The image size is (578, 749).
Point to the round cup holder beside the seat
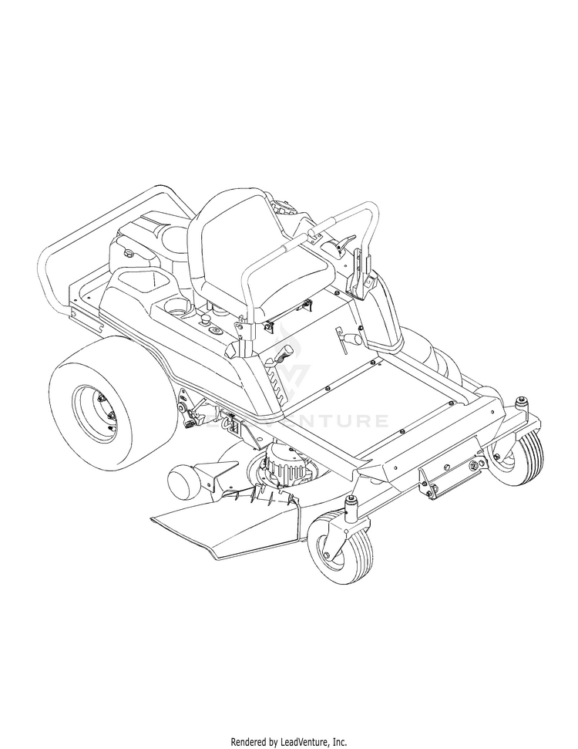(178, 307)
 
